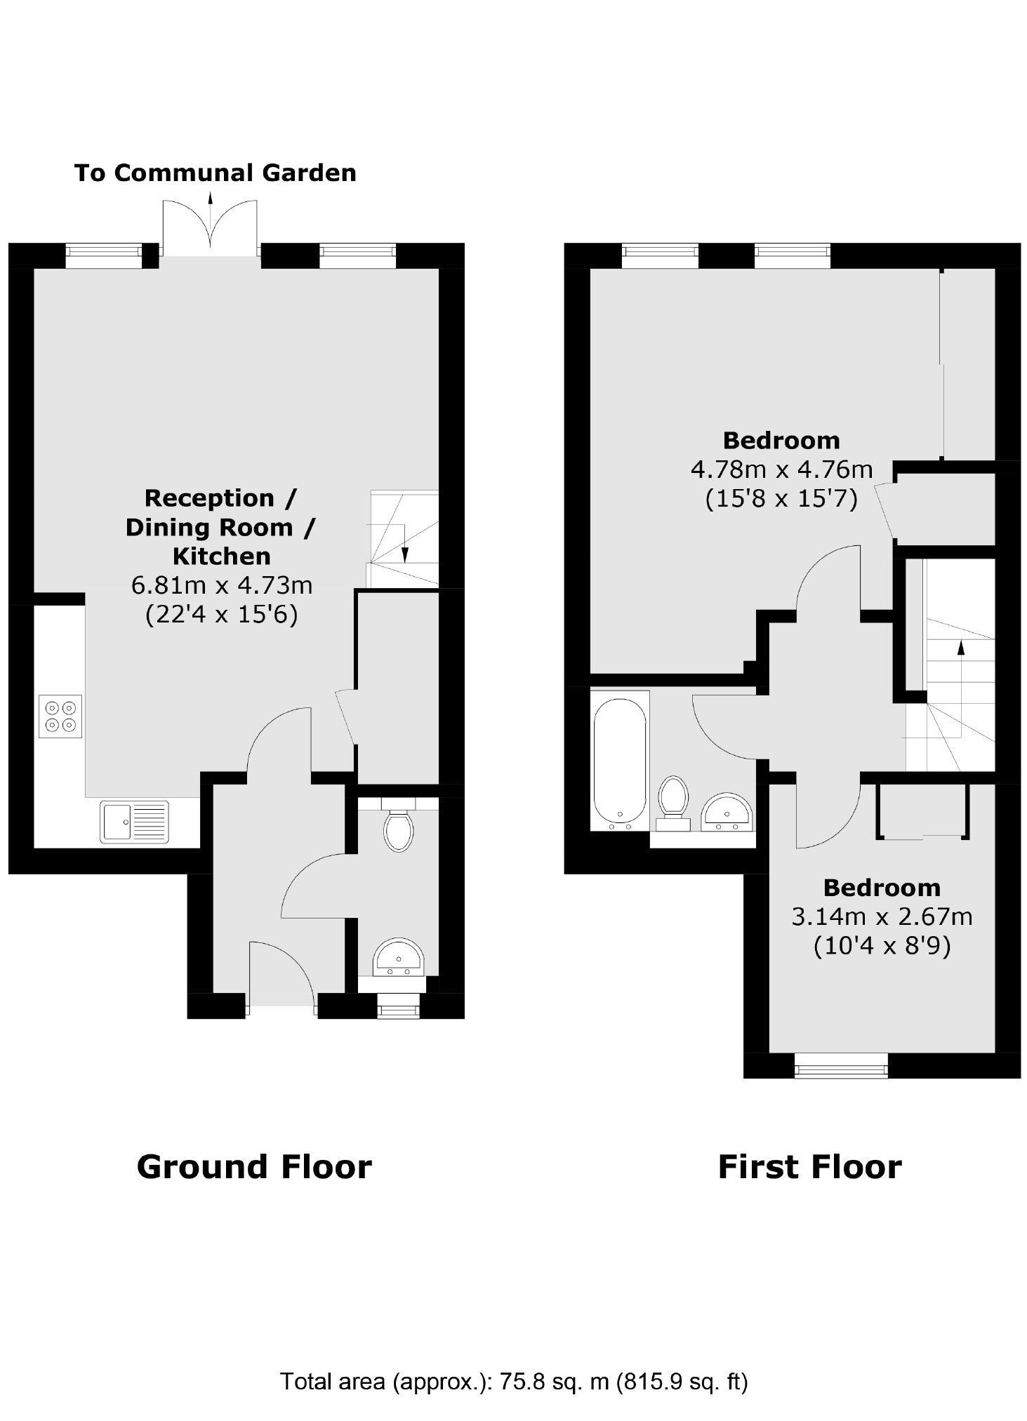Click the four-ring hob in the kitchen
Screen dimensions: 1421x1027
(x=60, y=716)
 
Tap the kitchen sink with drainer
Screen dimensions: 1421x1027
(x=134, y=821)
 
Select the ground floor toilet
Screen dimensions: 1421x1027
(x=398, y=830)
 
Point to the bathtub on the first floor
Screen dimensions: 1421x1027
(x=619, y=761)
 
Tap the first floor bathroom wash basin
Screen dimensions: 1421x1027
(x=726, y=813)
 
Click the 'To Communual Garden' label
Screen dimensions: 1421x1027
(x=215, y=173)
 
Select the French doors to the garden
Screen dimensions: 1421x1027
(x=209, y=228)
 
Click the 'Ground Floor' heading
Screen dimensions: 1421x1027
(x=253, y=1167)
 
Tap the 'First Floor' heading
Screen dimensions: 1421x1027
(x=809, y=1167)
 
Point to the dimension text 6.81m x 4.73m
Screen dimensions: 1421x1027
(x=221, y=585)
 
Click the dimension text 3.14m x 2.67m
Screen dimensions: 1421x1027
(x=881, y=916)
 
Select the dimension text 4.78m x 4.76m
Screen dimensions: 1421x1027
(x=781, y=469)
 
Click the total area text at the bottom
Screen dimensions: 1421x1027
(x=513, y=1382)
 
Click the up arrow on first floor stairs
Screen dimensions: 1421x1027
(x=960, y=649)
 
